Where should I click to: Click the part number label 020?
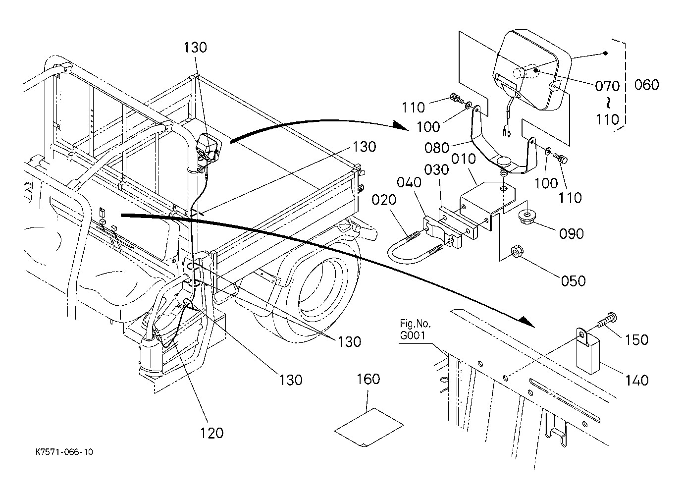coord(383,200)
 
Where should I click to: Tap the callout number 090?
coord(572,234)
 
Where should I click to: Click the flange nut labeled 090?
coord(526,216)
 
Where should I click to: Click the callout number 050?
coord(573,281)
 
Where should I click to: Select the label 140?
coord(636,380)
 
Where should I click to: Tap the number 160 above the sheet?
coord(368,379)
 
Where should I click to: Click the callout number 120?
coord(211,433)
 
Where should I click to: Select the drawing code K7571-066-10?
coord(64,452)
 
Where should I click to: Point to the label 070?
coord(607,86)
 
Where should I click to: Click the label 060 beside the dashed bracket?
coord(646,85)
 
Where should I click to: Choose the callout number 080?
coord(437,148)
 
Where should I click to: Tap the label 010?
coord(463,159)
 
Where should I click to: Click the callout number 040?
coord(409,182)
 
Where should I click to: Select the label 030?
coord(437,170)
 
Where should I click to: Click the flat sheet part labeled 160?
coord(369,428)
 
